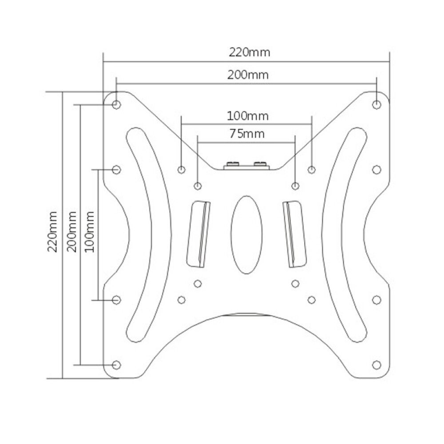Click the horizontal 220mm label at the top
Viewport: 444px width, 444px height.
(250, 52)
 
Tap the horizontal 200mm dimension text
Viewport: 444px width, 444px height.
(248, 75)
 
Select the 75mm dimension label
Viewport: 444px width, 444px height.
(247, 133)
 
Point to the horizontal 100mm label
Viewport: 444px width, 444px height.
(248, 116)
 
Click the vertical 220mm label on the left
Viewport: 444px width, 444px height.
(52, 232)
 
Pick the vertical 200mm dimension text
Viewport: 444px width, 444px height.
(71, 232)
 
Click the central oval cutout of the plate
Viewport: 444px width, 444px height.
(246, 235)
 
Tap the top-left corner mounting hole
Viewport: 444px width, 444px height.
(116, 105)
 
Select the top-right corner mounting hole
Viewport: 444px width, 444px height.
(377, 105)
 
